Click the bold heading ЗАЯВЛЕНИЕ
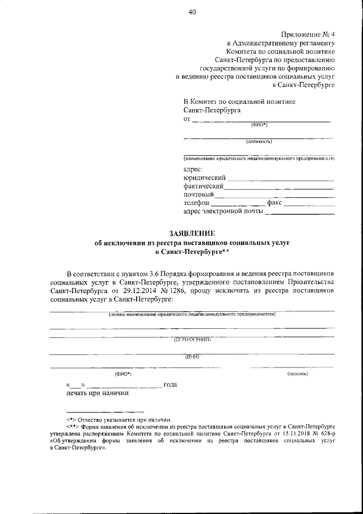192,233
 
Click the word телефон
196,203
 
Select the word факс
275,203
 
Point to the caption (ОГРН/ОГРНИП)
192,340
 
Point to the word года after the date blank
171,385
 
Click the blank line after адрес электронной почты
300,214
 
